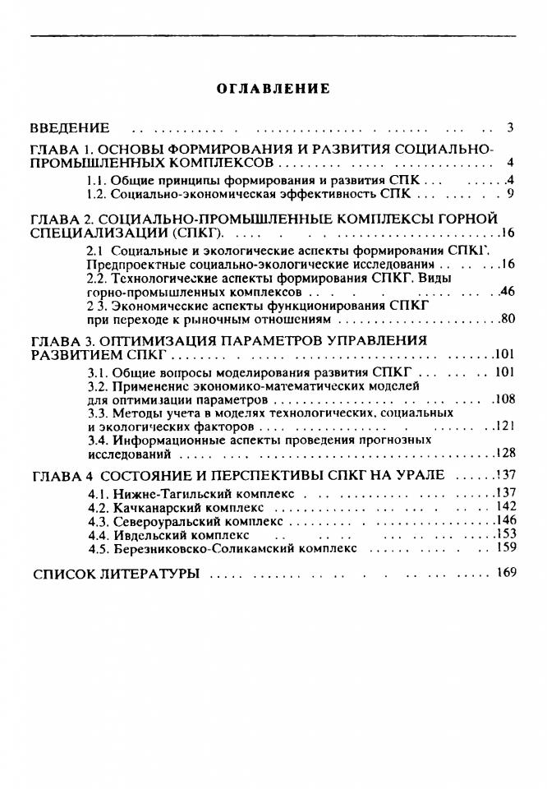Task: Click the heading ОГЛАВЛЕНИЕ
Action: click(273, 89)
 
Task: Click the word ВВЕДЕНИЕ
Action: click(70, 128)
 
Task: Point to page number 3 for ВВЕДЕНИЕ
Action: click(510, 128)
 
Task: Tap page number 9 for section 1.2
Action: click(510, 195)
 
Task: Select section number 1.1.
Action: click(97, 180)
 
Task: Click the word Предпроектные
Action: click(128, 264)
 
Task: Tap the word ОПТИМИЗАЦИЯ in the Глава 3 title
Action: click(167, 340)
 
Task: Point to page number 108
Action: click(503, 399)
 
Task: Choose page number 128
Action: click(503, 454)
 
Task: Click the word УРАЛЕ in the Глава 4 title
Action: click(419, 476)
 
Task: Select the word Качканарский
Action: click(149, 508)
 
